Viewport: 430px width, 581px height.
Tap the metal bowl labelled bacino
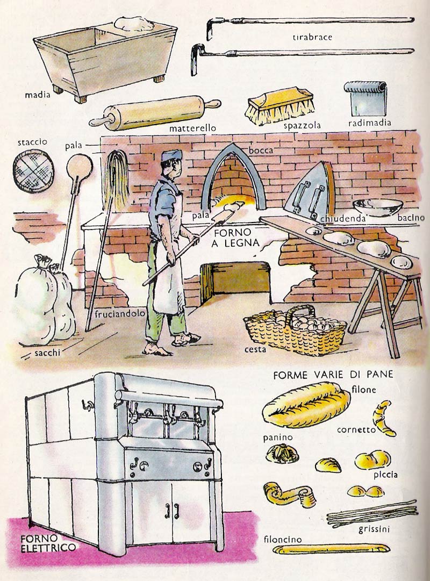tap(377, 207)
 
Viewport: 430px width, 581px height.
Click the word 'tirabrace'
tap(312, 37)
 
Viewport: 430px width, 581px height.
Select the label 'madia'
tap(38, 95)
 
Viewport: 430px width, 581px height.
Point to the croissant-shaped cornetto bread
tap(384, 418)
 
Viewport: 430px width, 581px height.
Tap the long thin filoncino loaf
tap(331, 549)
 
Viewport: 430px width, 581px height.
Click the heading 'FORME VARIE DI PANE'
tap(333, 375)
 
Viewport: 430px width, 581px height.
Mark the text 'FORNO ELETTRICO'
tap(48, 542)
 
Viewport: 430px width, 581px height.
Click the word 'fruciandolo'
tap(120, 314)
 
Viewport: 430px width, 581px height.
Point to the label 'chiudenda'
tap(343, 218)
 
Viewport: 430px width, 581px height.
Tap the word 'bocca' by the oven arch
tap(261, 150)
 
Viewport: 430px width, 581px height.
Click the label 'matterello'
tap(192, 128)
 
